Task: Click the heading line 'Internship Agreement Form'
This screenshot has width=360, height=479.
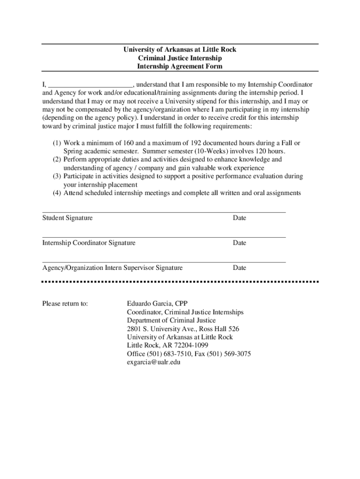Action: coord(180,66)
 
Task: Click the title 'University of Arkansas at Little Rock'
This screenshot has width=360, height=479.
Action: coord(180,50)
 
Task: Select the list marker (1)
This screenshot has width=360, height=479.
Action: coord(57,143)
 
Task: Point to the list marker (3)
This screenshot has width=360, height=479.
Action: coord(57,176)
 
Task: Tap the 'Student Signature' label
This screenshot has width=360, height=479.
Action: coord(67,218)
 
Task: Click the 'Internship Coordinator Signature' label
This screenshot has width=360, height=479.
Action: coord(89,243)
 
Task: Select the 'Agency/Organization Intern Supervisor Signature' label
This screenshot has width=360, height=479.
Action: coord(112,268)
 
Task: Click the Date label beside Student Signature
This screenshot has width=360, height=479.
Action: coord(239,218)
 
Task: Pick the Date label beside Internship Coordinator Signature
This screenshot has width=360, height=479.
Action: coord(239,243)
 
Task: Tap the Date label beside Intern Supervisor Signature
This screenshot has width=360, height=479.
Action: coord(239,268)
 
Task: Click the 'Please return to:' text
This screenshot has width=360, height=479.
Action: coord(65,304)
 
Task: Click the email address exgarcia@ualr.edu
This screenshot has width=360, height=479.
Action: coord(154,362)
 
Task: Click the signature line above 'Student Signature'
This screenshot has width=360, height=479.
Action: coord(164,212)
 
